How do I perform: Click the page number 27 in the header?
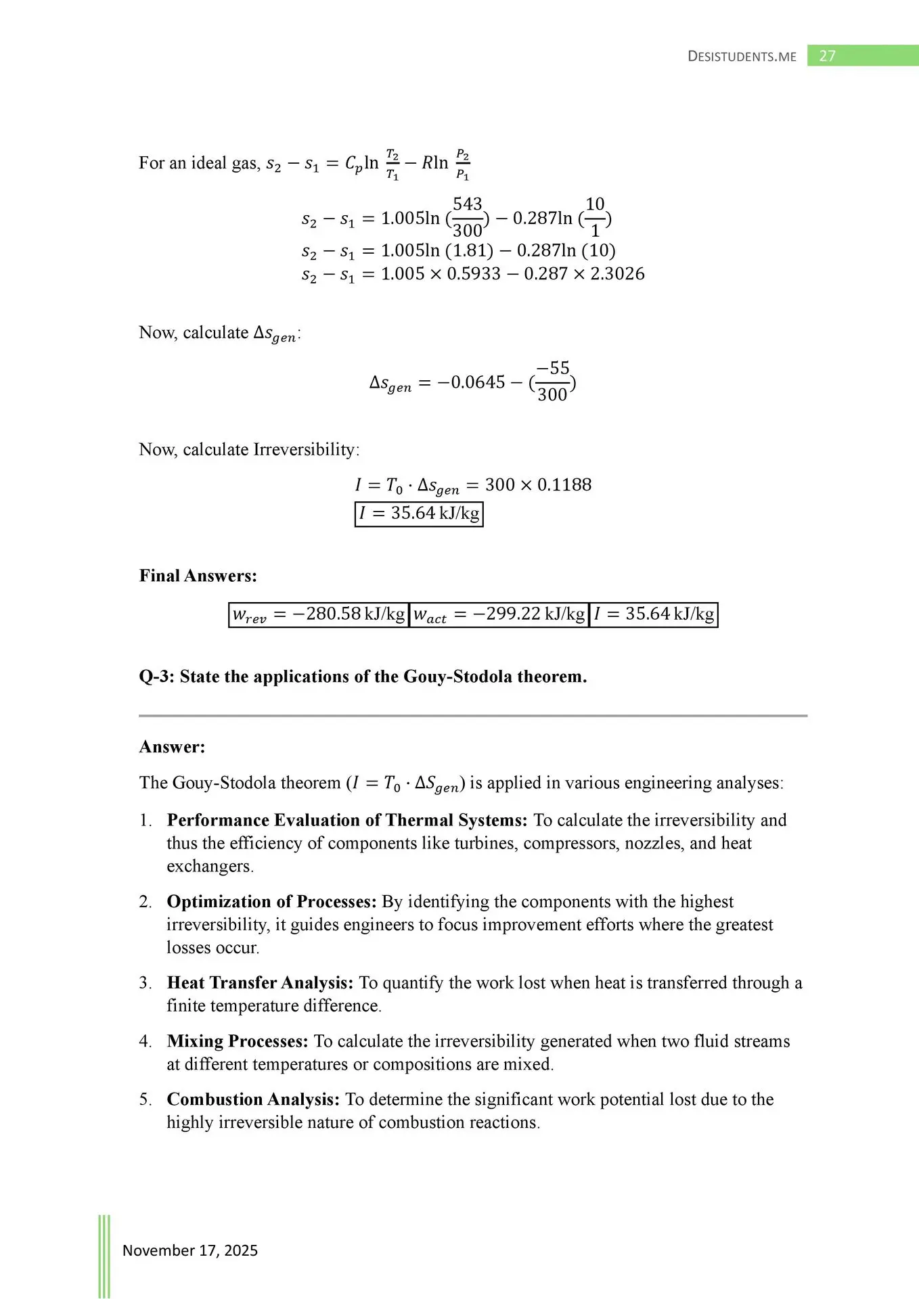click(827, 56)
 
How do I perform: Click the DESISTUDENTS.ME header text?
click(742, 57)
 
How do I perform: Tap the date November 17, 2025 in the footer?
click(190, 1250)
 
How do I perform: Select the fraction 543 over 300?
click(467, 217)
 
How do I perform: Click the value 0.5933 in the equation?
click(474, 274)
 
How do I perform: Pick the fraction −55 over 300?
click(553, 382)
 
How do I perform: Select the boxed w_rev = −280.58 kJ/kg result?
click(319, 614)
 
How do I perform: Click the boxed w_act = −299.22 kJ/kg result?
click(499, 614)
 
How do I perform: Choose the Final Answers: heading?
click(198, 576)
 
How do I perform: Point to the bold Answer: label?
click(172, 747)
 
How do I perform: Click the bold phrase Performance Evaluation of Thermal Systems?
click(346, 820)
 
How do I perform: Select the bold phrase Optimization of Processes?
click(271, 902)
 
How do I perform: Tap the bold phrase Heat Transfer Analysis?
click(260, 983)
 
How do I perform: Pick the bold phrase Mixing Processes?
click(238, 1041)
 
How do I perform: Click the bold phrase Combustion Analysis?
click(253, 1099)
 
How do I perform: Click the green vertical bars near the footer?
click(104, 1256)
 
